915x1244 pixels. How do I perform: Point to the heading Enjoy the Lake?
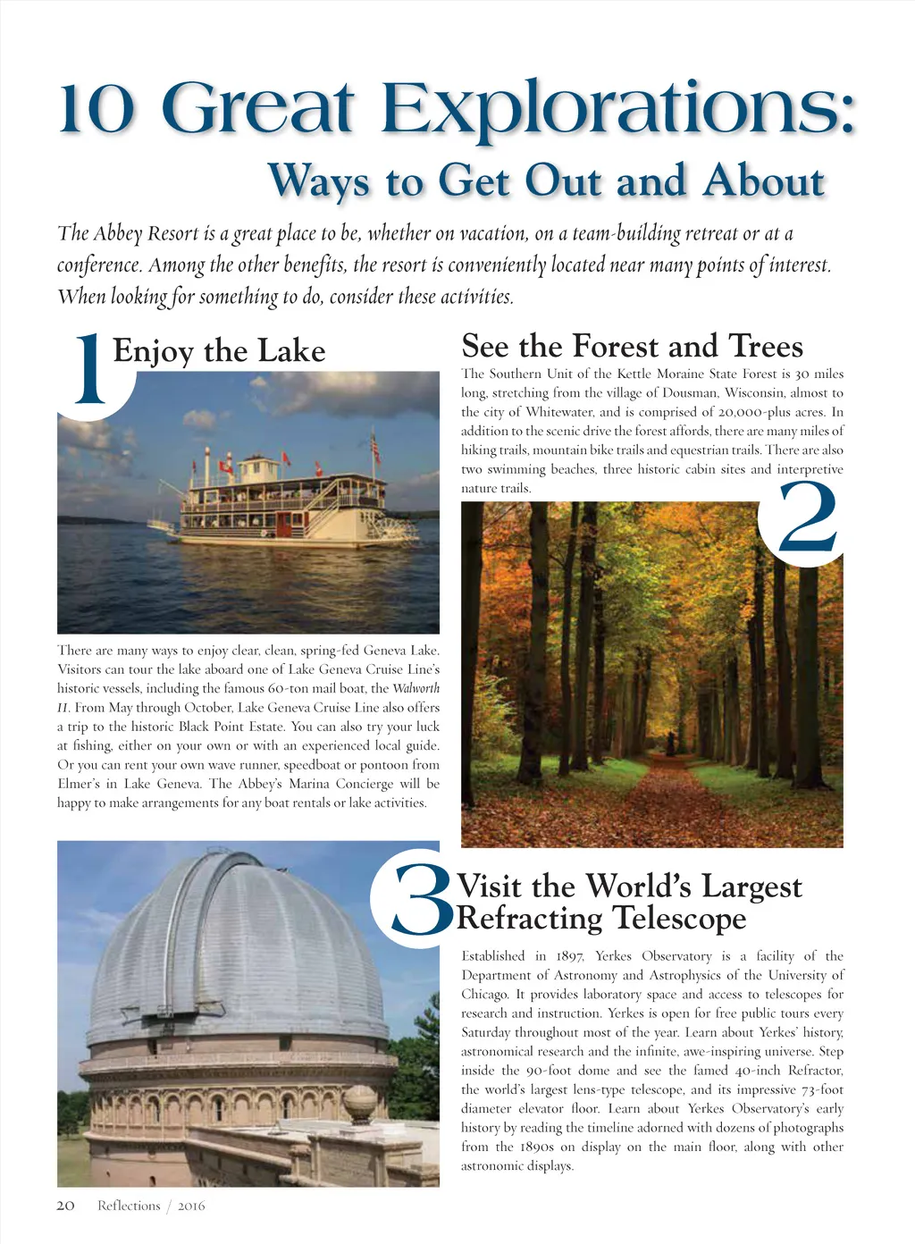(x=219, y=350)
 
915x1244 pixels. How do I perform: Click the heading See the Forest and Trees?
(x=632, y=346)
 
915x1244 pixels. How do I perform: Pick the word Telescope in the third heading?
(x=679, y=918)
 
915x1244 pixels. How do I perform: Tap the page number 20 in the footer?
(x=65, y=1206)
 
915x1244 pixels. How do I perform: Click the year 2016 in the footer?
(x=191, y=1206)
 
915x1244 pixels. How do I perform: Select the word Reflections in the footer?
(x=129, y=1206)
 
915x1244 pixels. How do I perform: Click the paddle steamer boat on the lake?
(x=286, y=505)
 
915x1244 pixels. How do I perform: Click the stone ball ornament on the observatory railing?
(x=360, y=1102)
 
